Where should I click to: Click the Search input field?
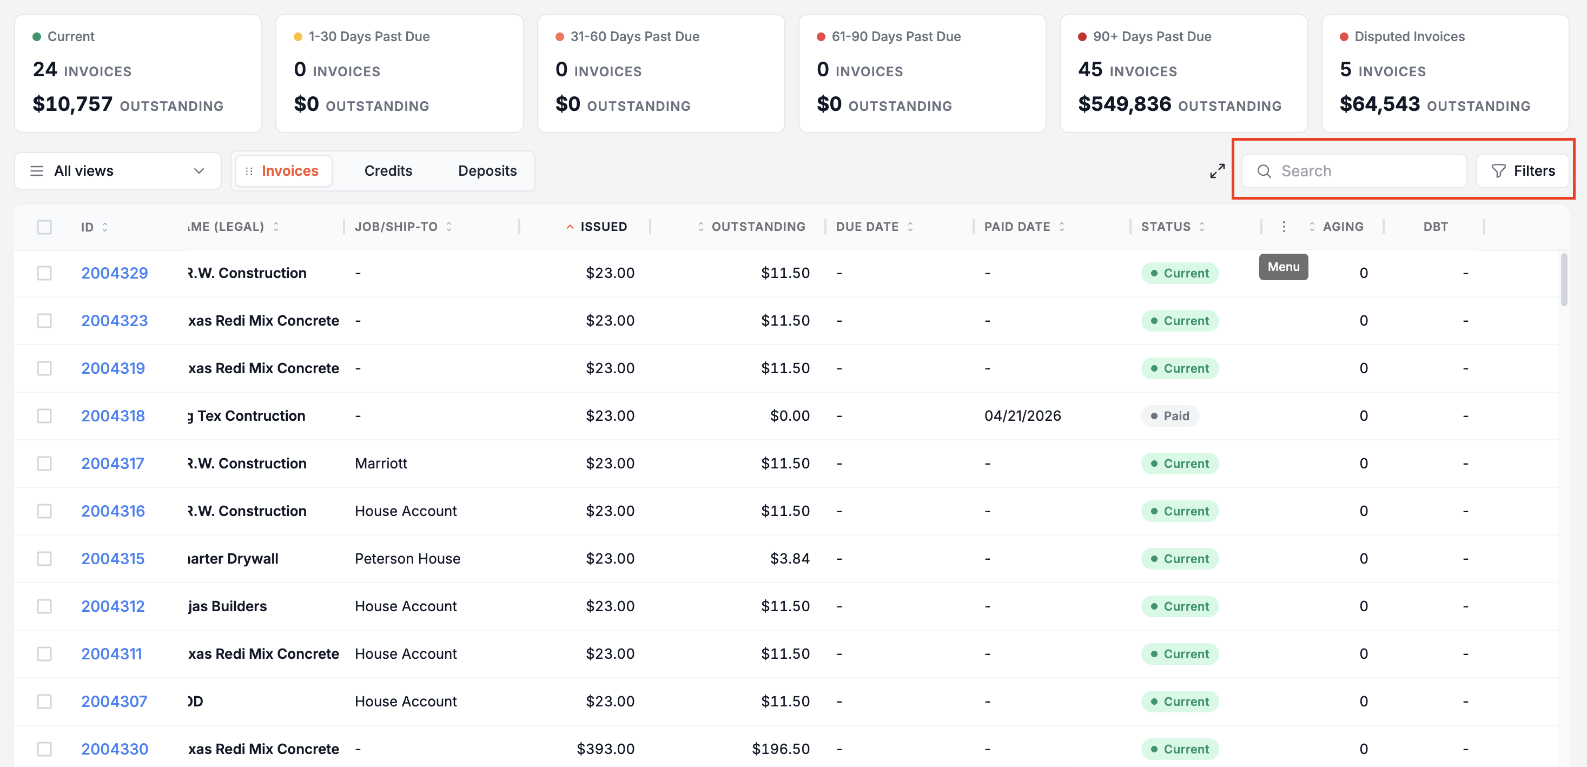tap(1353, 170)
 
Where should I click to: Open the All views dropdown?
tap(118, 170)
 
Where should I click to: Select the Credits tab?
tap(388, 170)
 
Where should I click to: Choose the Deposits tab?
tap(487, 170)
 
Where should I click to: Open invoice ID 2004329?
tap(115, 273)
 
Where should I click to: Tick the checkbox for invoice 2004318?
tap(44, 416)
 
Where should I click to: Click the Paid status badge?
tap(1170, 416)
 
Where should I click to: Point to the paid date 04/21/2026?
tap(1023, 416)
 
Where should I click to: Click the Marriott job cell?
tap(381, 463)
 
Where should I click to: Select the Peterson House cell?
tap(407, 559)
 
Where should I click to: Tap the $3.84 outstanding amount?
tap(790, 559)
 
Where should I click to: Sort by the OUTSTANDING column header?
tap(758, 227)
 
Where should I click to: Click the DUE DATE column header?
tap(868, 227)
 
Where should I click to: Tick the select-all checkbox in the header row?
tap(44, 227)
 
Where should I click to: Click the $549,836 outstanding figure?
tap(1125, 104)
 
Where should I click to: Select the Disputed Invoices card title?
tap(1410, 36)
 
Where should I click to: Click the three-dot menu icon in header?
tap(1284, 227)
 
